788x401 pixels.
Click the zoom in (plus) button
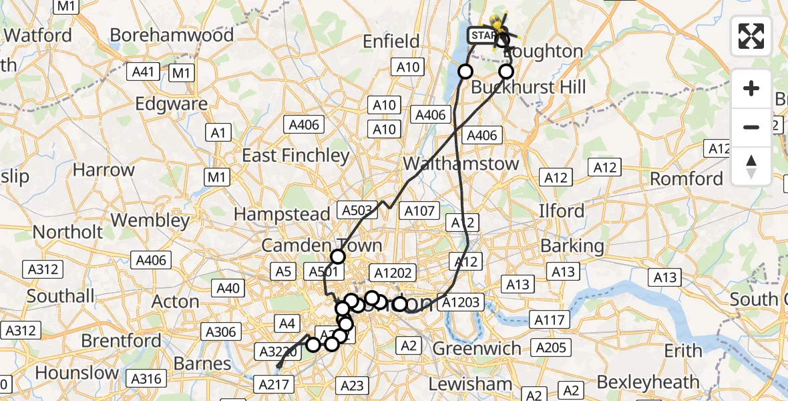751,88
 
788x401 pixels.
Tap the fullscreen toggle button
751,36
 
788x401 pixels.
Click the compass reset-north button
751,166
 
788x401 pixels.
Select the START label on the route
481,35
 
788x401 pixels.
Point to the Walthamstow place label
461,164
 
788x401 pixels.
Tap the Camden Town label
321,245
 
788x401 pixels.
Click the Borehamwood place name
172,35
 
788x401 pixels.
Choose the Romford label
686,179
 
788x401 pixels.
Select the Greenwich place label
477,348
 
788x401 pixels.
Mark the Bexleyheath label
648,382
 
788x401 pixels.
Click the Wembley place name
150,220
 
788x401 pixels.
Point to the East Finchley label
296,156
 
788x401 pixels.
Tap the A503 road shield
357,211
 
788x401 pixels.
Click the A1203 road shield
459,302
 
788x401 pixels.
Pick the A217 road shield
274,384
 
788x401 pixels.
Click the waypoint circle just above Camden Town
338,257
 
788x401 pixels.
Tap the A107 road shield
419,212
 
